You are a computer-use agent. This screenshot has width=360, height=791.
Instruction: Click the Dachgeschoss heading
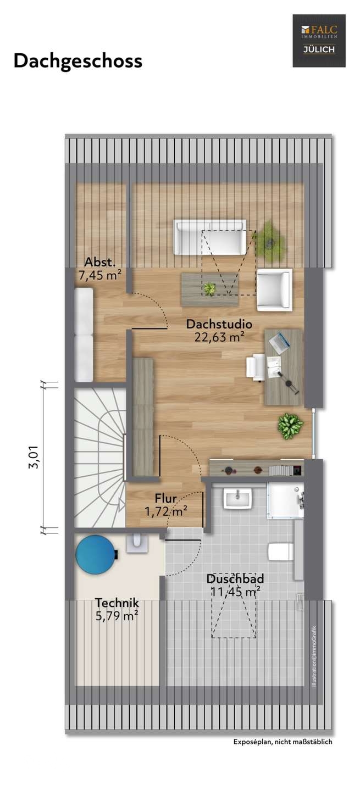77,61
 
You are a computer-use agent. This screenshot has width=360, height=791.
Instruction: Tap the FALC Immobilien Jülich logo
319,41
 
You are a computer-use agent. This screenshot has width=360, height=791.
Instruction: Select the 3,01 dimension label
34,457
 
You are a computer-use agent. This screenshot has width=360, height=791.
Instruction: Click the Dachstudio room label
219,324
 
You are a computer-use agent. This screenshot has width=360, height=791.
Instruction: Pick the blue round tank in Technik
96,555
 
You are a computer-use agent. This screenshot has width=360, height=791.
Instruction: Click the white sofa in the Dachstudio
209,237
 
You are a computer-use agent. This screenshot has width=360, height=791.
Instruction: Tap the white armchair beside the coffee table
274,289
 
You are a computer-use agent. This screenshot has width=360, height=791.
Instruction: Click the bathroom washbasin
237,498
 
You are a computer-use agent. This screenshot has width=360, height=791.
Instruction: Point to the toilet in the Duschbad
281,552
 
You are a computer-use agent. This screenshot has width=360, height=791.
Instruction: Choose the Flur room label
165,498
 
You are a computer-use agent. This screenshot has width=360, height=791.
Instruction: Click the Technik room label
117,603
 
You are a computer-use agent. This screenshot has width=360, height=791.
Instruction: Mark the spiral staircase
101,458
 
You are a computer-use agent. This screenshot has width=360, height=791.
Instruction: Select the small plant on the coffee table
209,288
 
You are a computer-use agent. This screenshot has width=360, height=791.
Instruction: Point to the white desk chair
256,368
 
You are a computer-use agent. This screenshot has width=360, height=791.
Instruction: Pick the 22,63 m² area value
219,337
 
